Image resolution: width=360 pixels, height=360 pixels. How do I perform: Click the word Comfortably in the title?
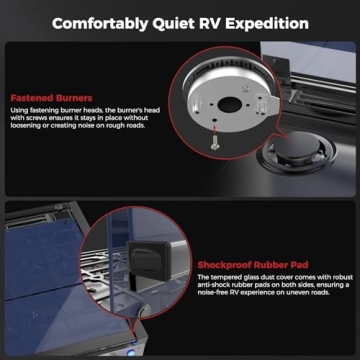coord(98,24)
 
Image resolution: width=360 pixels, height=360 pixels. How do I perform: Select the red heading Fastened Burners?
coord(51,98)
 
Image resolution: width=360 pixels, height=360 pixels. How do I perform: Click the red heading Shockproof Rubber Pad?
coord(253,265)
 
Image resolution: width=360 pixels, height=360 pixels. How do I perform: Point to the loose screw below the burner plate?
coord(213,142)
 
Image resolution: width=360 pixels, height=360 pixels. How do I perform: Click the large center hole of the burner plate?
coord(230,105)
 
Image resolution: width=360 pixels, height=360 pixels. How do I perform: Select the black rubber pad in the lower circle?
coord(147,259)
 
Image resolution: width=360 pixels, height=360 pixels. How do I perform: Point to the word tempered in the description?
coord(224,277)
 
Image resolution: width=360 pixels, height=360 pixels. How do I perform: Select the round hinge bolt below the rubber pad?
coord(145,312)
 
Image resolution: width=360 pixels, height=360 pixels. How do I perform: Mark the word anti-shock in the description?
coord(213,285)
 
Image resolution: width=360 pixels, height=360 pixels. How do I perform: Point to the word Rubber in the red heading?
coord(270,265)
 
